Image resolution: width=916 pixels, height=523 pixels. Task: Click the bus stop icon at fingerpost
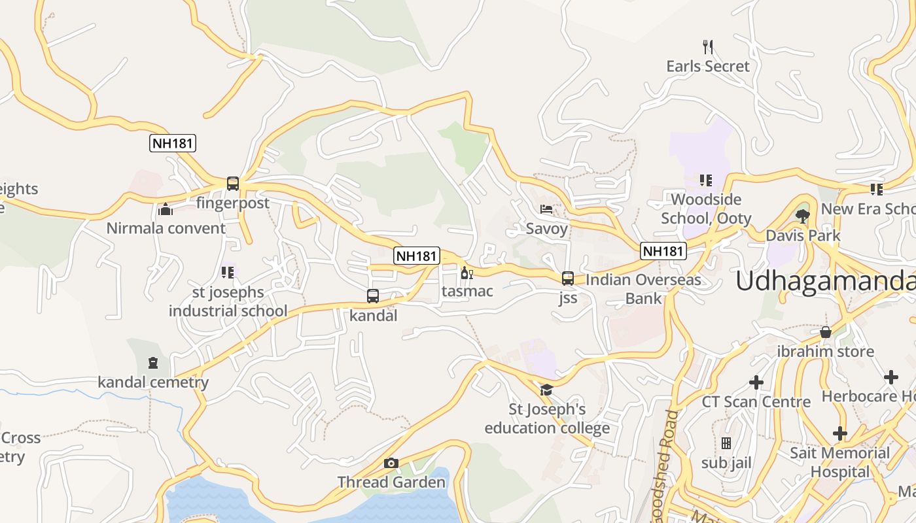tap(233, 184)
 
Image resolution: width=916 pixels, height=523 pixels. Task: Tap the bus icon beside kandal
tap(373, 296)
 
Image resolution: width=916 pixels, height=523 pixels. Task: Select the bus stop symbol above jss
tap(568, 278)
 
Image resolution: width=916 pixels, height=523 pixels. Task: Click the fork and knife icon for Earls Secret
tap(707, 46)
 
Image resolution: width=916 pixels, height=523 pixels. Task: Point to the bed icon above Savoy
tap(546, 209)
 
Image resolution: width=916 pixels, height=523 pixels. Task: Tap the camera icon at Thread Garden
tap(391, 464)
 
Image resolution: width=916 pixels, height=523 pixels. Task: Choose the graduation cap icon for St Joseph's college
tap(546, 390)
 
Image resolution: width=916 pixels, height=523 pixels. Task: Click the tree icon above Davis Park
tap(803, 216)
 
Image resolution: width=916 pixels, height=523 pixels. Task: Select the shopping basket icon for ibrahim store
tap(826, 332)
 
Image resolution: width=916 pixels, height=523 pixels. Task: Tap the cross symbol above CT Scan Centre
tap(756, 382)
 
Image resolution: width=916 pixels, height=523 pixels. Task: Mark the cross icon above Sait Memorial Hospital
tap(840, 433)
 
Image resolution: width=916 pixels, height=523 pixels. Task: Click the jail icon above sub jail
tap(726, 443)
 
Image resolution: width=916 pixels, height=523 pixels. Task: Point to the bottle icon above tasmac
tap(467, 273)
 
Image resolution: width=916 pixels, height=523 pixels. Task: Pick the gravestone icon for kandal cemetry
tap(153, 363)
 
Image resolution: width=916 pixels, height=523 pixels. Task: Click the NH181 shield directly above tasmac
tap(416, 256)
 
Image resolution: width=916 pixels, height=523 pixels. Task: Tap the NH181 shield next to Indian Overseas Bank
tap(663, 250)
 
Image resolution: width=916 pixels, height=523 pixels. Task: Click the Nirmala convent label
tap(166, 228)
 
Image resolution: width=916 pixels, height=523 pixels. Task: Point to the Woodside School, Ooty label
tap(706, 209)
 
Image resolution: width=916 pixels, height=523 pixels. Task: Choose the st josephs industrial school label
tap(228, 301)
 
